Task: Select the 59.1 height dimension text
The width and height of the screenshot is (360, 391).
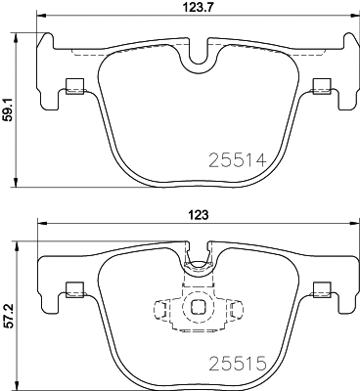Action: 9,112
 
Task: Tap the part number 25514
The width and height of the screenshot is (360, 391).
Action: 239,158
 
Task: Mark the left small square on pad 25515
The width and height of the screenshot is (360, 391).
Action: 70,288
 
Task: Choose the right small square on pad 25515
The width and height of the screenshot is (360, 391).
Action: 319,288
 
